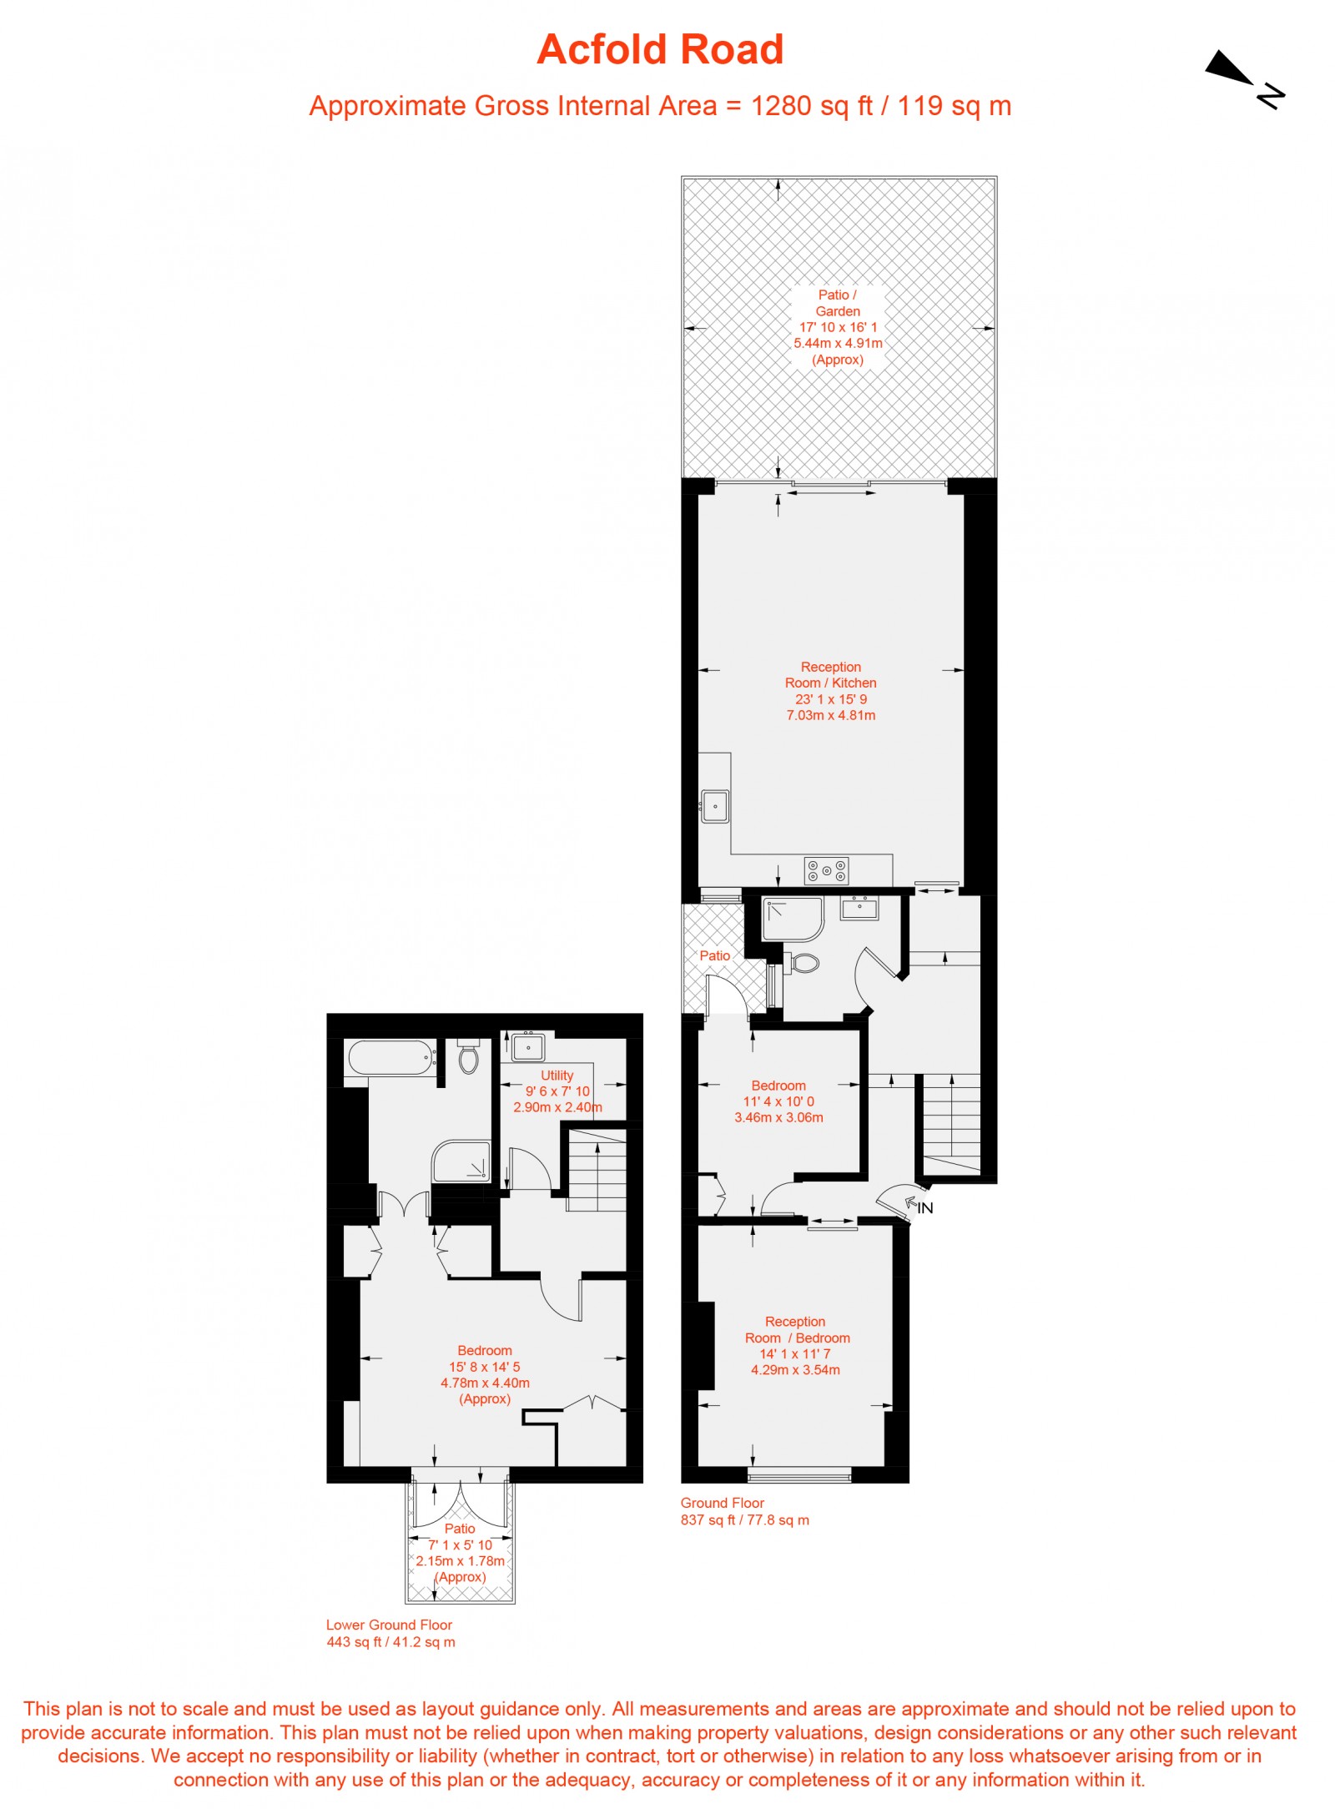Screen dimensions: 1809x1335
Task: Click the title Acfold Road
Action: pyautogui.click(x=660, y=49)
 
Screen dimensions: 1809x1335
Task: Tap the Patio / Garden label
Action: pyautogui.click(x=837, y=303)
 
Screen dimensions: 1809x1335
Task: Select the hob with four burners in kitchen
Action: pyautogui.click(x=826, y=870)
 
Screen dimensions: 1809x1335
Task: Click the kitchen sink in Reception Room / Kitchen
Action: pyautogui.click(x=715, y=806)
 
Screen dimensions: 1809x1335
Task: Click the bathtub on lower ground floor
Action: pyautogui.click(x=390, y=1058)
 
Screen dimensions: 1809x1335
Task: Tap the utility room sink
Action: pyautogui.click(x=528, y=1046)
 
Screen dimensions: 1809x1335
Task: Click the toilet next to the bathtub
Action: pyautogui.click(x=468, y=1057)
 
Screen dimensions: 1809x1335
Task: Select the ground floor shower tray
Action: pyautogui.click(x=792, y=919)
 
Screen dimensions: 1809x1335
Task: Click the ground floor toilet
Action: pyautogui.click(x=802, y=963)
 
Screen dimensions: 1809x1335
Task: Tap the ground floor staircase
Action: pyautogui.click(x=951, y=1122)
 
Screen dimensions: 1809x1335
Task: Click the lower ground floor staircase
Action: pyautogui.click(x=597, y=1169)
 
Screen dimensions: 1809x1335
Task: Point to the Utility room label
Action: pyautogui.click(x=557, y=1076)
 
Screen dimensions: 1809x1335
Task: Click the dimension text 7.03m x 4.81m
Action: pyautogui.click(x=831, y=715)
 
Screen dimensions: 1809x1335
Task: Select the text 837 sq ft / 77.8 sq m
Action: pyautogui.click(x=744, y=1519)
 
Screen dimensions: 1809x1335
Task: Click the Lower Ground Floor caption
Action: pyautogui.click(x=389, y=1625)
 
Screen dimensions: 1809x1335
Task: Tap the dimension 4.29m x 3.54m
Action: pyautogui.click(x=795, y=1369)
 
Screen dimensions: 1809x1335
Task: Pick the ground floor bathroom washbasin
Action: pyautogui.click(x=859, y=907)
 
